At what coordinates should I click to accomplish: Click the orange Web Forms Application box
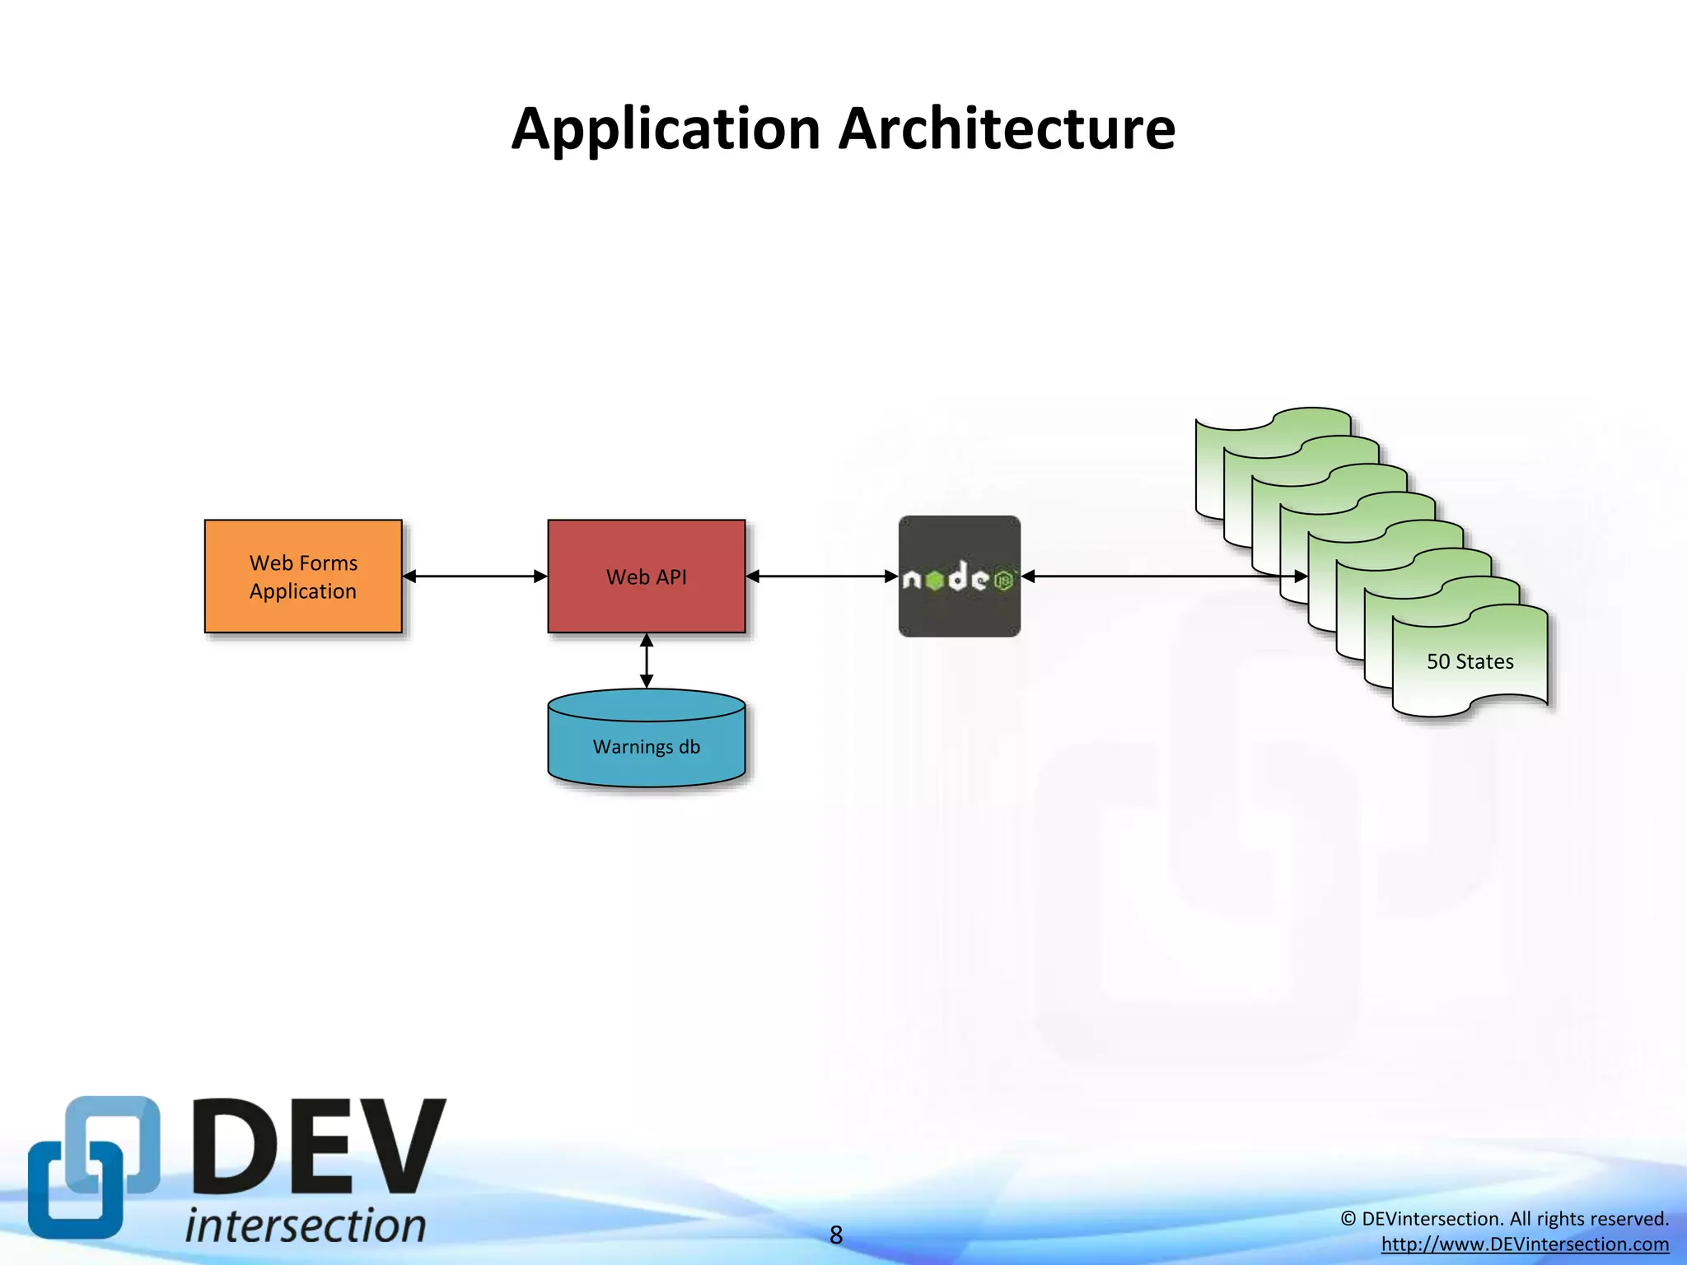(x=303, y=609)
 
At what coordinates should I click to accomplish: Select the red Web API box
(x=646, y=609)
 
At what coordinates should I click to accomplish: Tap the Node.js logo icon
(x=959, y=576)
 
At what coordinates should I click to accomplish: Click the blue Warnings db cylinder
(x=646, y=766)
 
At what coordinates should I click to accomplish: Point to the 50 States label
(x=1470, y=661)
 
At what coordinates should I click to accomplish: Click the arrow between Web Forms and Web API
(x=474, y=576)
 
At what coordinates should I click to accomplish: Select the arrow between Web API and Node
(x=821, y=576)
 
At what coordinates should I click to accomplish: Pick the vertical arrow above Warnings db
(x=647, y=661)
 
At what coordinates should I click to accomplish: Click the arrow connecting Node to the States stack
(x=1153, y=576)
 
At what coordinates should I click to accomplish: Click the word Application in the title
(x=666, y=130)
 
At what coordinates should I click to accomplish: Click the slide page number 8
(x=836, y=1235)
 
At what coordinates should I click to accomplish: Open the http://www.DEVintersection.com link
(x=1525, y=1244)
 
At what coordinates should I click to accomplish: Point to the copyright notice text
(x=1504, y=1219)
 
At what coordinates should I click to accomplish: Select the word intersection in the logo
(x=306, y=1225)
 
